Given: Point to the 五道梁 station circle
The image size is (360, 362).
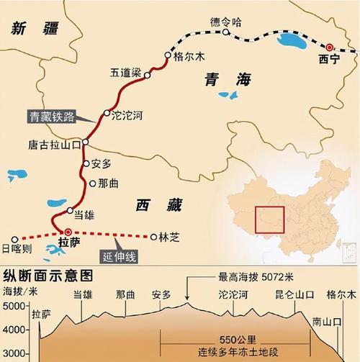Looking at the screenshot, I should (x=147, y=75).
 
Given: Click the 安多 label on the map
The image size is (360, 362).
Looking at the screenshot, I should (x=102, y=163).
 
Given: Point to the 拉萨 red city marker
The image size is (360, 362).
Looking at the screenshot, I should (x=67, y=232).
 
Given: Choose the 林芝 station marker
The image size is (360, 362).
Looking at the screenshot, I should (x=153, y=236).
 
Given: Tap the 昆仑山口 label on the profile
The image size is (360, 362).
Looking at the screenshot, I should (x=294, y=295).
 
